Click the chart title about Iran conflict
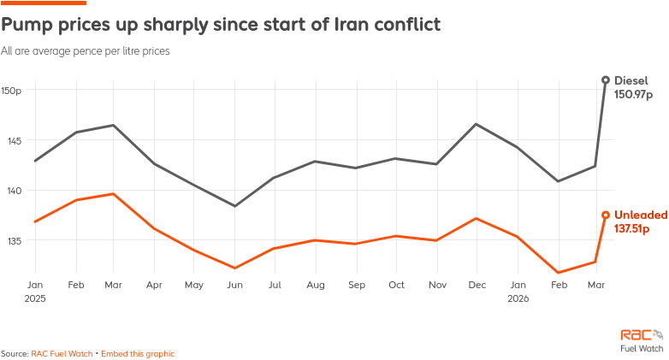click(221, 24)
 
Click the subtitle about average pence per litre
click(86, 51)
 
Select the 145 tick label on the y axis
click(15, 140)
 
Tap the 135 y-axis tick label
click(15, 240)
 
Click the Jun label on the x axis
click(234, 284)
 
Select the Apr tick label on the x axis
click(154, 284)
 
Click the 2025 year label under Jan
click(35, 299)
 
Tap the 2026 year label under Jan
click(518, 299)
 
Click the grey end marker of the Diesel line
click(606, 80)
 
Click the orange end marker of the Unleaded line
click(606, 215)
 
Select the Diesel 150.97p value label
click(632, 86)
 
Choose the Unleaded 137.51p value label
click(632, 221)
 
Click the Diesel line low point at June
click(234, 206)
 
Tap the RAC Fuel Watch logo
click(642, 340)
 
